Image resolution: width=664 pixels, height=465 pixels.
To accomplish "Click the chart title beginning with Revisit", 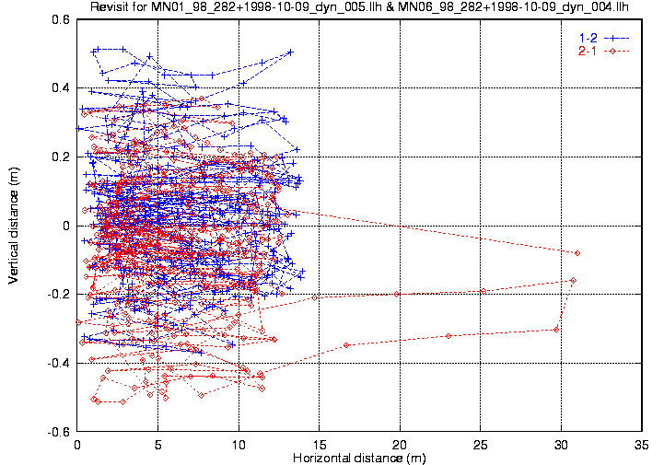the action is click(x=359, y=6).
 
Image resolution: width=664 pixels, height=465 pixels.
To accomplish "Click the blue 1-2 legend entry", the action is click(x=604, y=38).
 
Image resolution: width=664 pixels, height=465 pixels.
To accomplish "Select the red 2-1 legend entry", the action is click(x=604, y=52).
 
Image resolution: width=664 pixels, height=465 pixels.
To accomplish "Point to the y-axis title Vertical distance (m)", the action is click(x=13, y=226).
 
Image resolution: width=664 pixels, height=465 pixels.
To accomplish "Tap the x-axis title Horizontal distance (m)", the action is click(x=359, y=458).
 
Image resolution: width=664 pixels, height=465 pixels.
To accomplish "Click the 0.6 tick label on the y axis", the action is click(x=61, y=19).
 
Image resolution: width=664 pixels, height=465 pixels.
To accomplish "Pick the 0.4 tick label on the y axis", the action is click(x=61, y=88).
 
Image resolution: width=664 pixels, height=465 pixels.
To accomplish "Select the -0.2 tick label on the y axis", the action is click(x=59, y=295).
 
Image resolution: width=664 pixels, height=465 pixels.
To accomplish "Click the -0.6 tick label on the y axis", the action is click(x=59, y=432).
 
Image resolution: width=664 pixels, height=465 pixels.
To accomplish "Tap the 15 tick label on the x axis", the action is click(x=320, y=445).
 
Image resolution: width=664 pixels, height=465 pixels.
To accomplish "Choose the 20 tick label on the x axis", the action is click(x=400, y=445).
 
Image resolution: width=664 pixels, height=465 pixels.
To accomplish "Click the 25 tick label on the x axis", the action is click(x=481, y=445).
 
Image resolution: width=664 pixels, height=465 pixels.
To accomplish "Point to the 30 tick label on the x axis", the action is click(x=561, y=445).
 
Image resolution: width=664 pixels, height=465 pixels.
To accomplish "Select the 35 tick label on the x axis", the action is click(x=642, y=445).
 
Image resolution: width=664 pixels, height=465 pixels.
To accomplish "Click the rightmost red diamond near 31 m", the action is click(x=577, y=253).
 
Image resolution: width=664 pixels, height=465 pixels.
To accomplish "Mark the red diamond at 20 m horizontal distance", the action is click(x=397, y=294).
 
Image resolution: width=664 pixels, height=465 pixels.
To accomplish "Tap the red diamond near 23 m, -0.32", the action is click(x=448, y=336).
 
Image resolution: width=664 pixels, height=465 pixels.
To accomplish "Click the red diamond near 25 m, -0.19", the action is click(x=483, y=291).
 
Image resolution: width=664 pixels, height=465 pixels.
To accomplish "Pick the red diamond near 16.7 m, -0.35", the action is click(x=346, y=345).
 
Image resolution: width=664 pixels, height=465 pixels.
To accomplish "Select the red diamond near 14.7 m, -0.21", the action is click(x=315, y=297).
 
